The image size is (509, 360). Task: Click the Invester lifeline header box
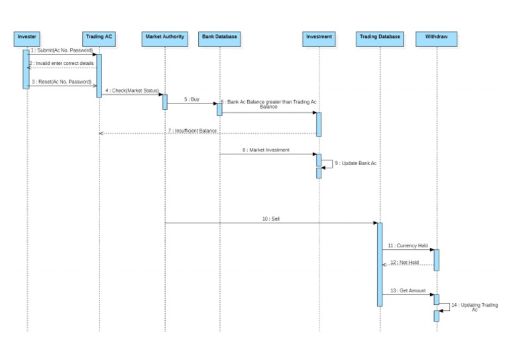[x=27, y=37]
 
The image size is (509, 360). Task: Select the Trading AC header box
[x=99, y=37]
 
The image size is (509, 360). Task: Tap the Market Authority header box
[x=164, y=37]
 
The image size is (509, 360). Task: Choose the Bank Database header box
[x=219, y=37]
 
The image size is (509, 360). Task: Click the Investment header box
[x=318, y=37]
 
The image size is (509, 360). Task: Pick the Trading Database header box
[x=380, y=37]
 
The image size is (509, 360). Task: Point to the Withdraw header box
[x=436, y=37]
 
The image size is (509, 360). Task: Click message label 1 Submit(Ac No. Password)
[x=62, y=50]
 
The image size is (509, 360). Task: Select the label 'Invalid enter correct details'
[x=62, y=63]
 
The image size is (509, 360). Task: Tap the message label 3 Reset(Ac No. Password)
[x=62, y=82]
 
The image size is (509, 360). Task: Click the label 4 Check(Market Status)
[x=132, y=90]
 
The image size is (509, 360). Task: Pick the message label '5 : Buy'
[x=192, y=99]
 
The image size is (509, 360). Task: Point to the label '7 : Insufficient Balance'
[x=193, y=131]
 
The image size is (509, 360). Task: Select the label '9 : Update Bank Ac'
[x=355, y=162]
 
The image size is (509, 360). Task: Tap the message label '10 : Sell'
[x=272, y=218]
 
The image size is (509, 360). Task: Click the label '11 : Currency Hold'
[x=408, y=245]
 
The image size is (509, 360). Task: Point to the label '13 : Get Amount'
[x=406, y=290]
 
